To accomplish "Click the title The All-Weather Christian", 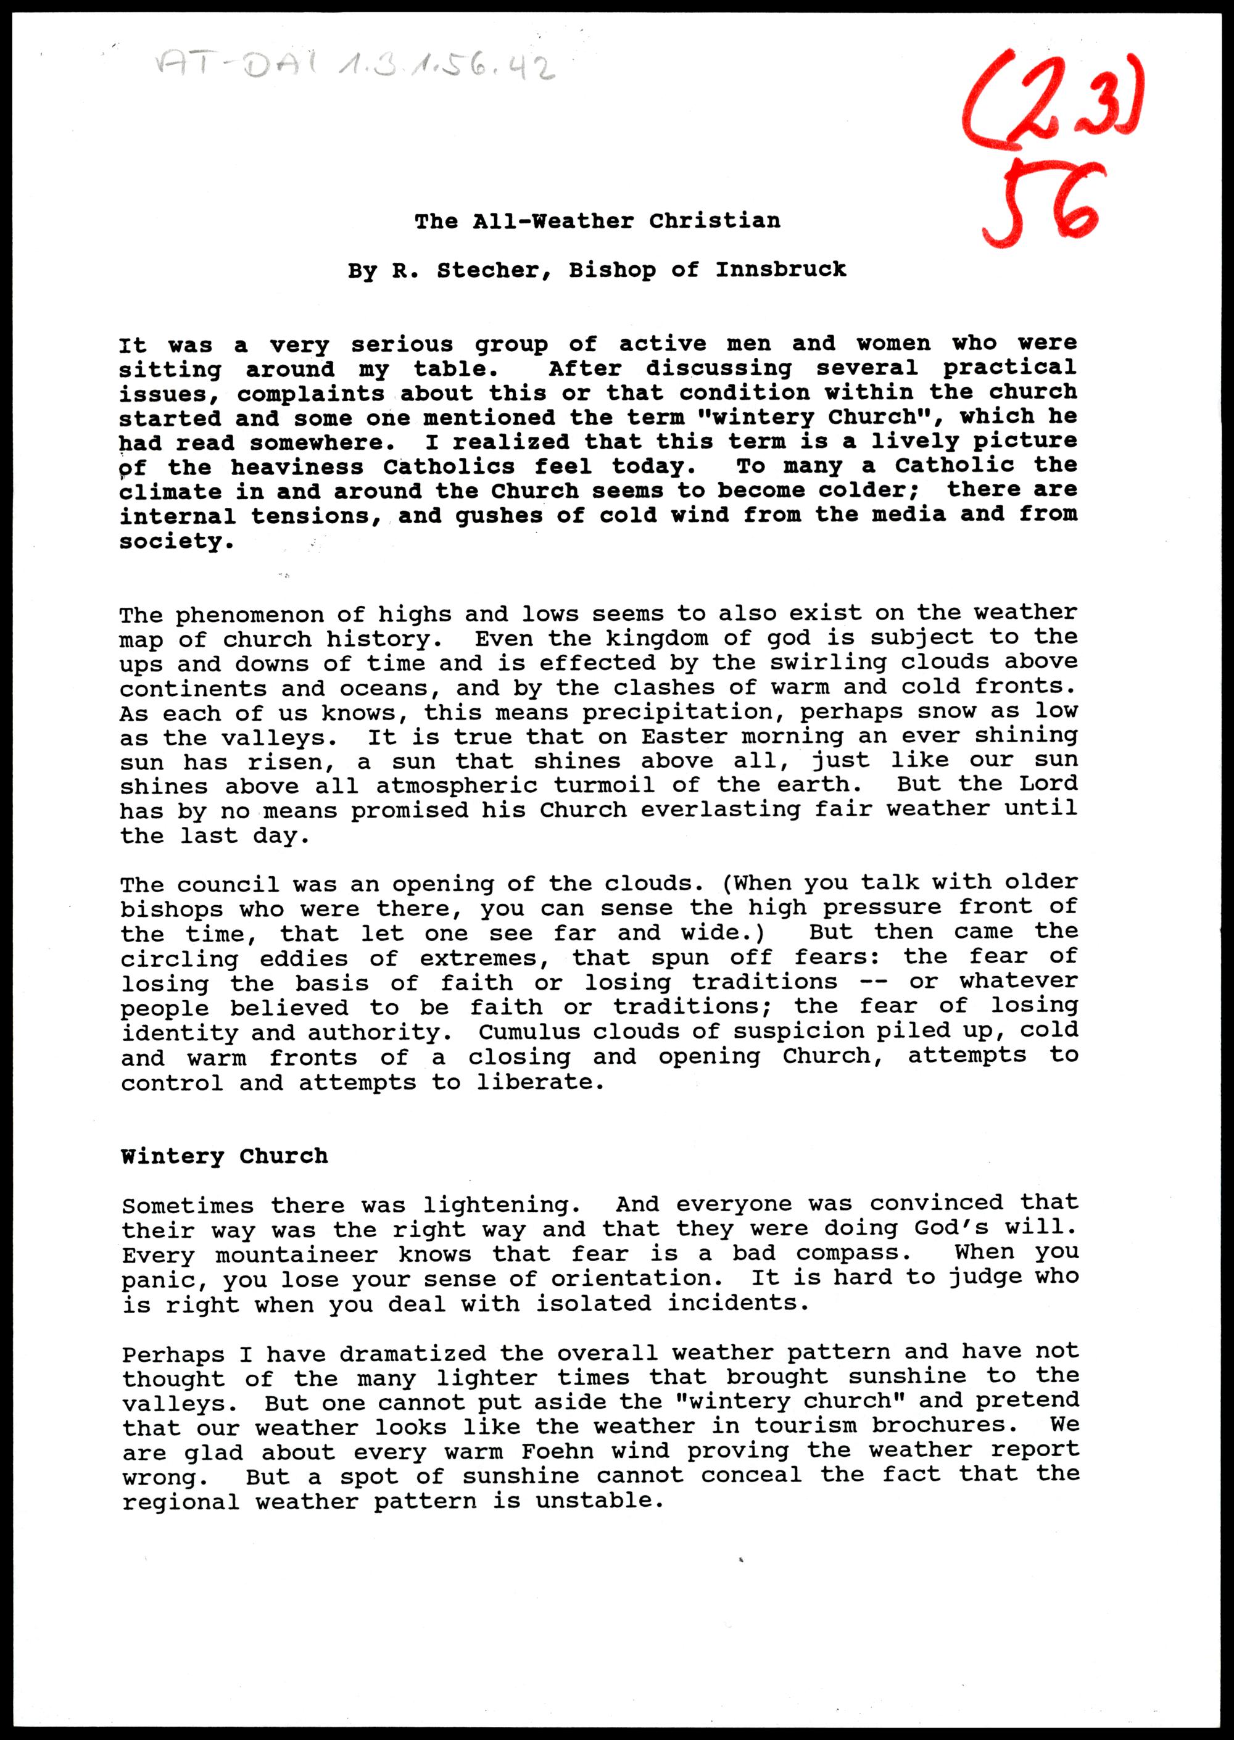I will point(597,221).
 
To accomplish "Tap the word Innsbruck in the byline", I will point(781,270).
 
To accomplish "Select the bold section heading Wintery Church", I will point(224,1156).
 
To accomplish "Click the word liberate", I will point(539,1082).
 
